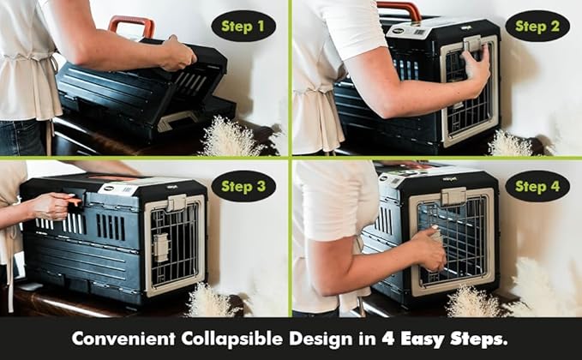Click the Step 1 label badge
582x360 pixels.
(243, 26)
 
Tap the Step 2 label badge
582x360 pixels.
(537, 26)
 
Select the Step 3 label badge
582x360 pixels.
(243, 185)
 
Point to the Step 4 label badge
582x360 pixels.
(537, 185)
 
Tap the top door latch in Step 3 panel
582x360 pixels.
(176, 203)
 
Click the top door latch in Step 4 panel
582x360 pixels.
(454, 196)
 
